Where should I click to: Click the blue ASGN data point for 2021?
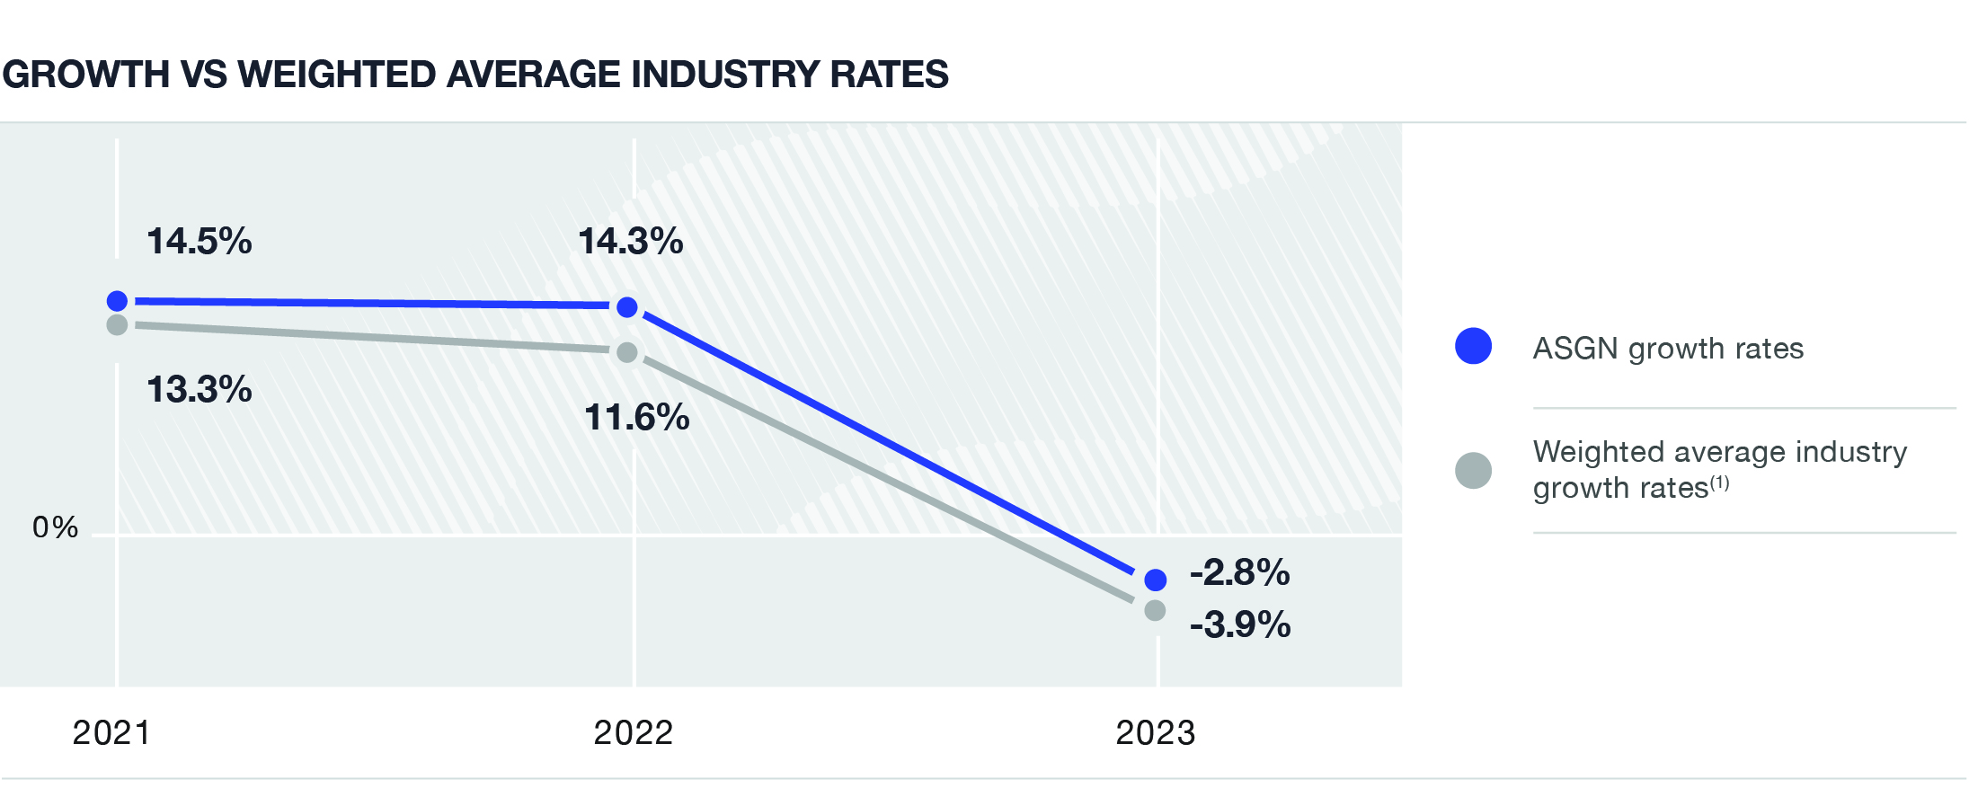(x=117, y=301)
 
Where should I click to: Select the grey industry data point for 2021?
(x=117, y=324)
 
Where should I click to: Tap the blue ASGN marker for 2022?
(x=627, y=307)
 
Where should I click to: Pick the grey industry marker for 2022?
(x=627, y=352)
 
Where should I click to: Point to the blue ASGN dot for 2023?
(x=1156, y=580)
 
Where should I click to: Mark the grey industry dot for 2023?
(x=1156, y=610)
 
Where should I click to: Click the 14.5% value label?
(x=199, y=242)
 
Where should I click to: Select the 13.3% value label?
(x=199, y=390)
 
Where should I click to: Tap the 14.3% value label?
(x=630, y=242)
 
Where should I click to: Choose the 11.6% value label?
(x=636, y=418)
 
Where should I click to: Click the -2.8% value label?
(x=1239, y=572)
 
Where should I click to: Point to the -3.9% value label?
(x=1240, y=624)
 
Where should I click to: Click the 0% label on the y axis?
(x=55, y=527)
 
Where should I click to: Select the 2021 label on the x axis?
(x=111, y=733)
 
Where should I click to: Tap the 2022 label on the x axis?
(x=633, y=733)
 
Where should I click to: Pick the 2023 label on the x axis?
(x=1155, y=733)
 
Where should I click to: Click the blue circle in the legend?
(x=1473, y=346)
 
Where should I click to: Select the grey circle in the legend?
(x=1473, y=470)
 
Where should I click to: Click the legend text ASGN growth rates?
(x=1668, y=349)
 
